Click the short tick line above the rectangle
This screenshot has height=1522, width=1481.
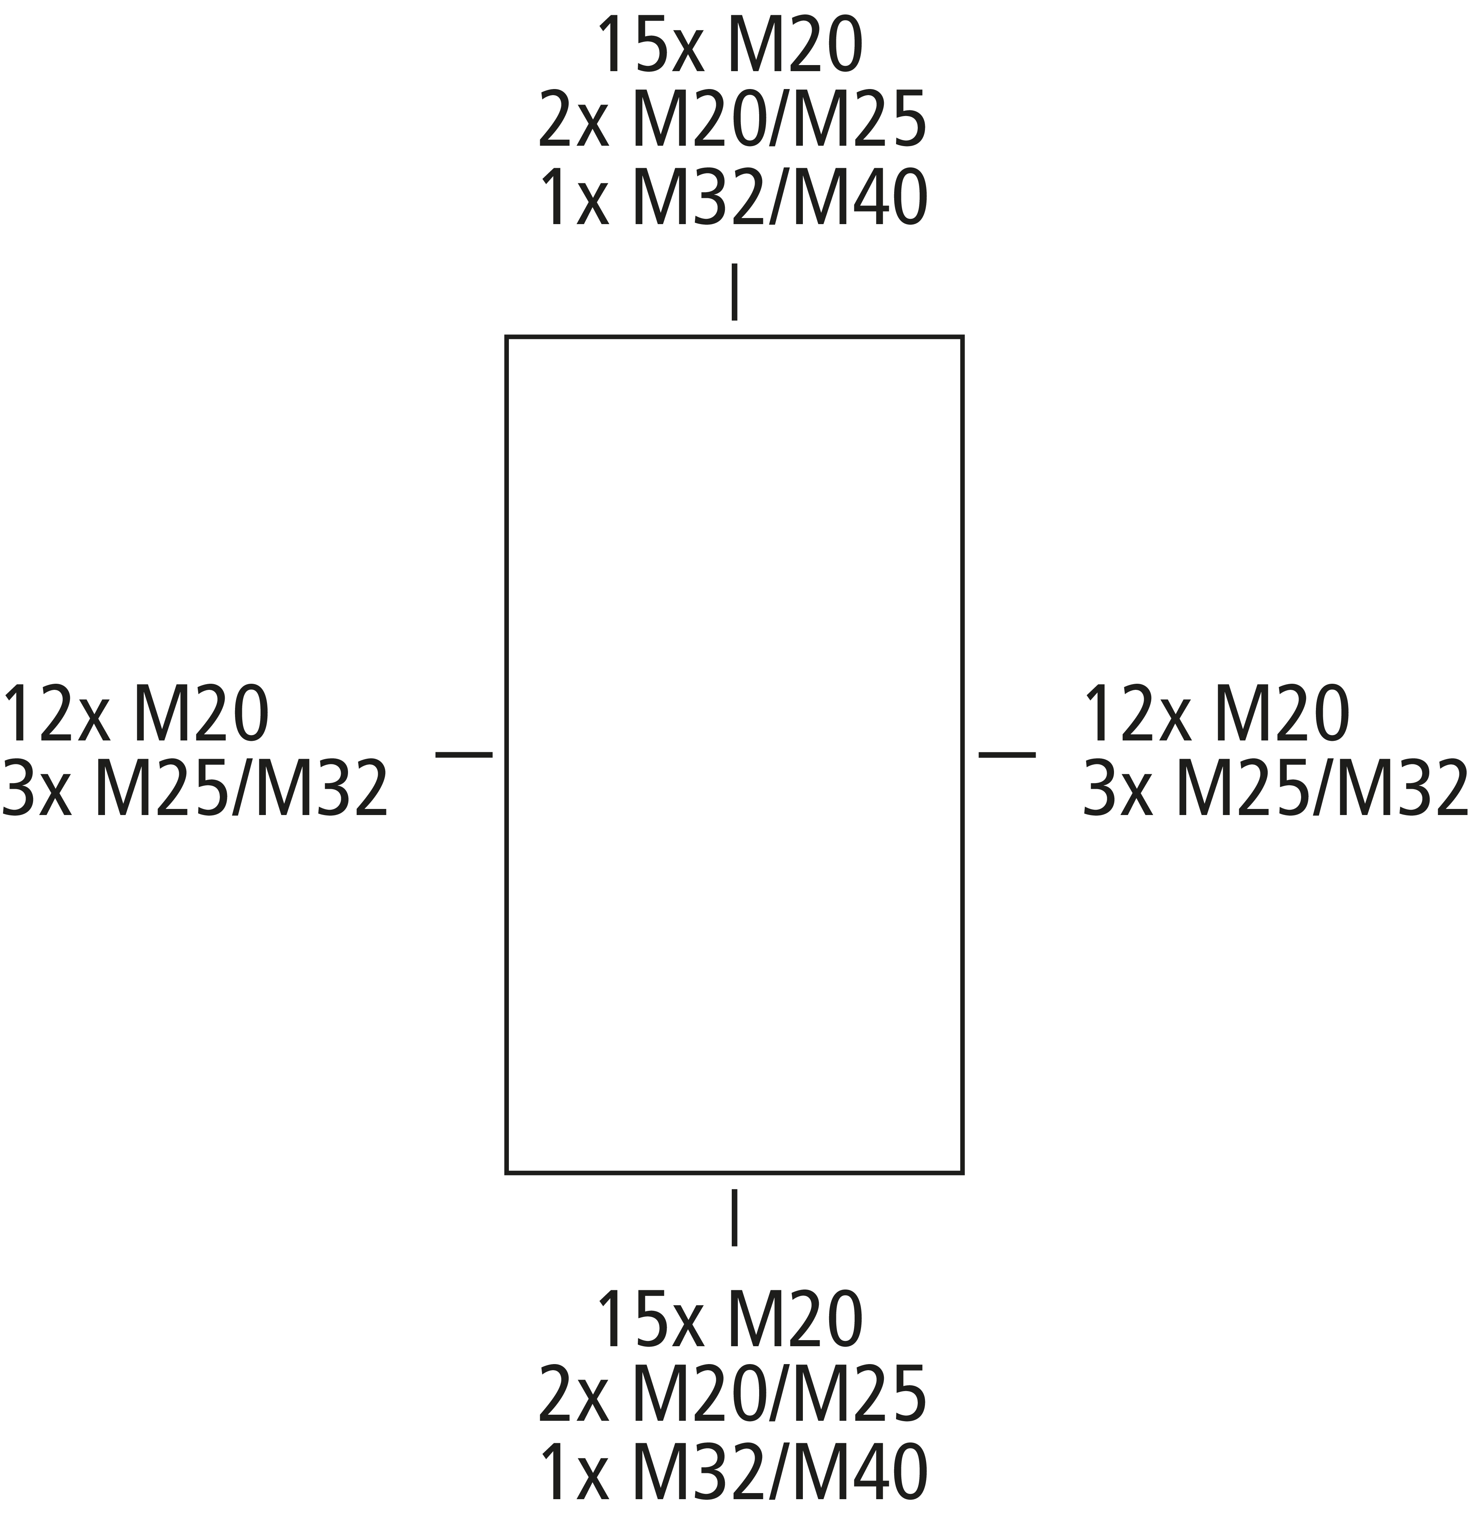[734, 292]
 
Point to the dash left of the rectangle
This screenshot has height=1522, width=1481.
[464, 754]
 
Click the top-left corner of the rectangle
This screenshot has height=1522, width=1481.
[506, 337]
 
